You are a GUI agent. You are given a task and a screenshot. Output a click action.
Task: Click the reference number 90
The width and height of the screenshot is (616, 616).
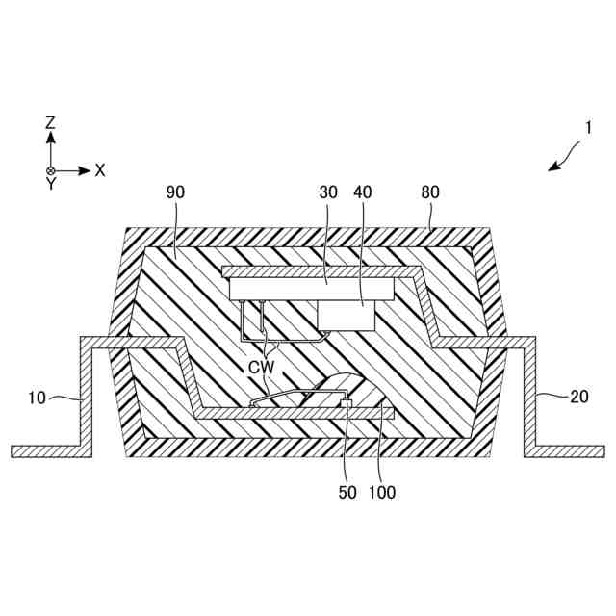click(175, 192)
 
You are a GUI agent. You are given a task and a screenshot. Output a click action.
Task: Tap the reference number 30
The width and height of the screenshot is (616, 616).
click(328, 192)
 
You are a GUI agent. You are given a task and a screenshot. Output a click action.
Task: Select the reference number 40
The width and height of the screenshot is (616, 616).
click(363, 192)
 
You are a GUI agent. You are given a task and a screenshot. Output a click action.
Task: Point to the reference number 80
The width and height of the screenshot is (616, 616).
click(429, 192)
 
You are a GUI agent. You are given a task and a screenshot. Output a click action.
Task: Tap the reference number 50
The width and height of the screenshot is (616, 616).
click(347, 492)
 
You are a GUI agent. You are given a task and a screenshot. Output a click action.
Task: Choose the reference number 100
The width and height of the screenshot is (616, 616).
click(381, 492)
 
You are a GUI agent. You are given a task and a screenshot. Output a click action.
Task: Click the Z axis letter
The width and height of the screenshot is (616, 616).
click(51, 123)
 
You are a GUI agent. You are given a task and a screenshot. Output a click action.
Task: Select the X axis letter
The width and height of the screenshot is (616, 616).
click(99, 170)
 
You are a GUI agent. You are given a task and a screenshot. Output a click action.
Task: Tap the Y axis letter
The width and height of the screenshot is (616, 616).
click(51, 185)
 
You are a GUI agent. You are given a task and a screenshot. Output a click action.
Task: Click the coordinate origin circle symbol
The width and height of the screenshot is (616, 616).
click(51, 170)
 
